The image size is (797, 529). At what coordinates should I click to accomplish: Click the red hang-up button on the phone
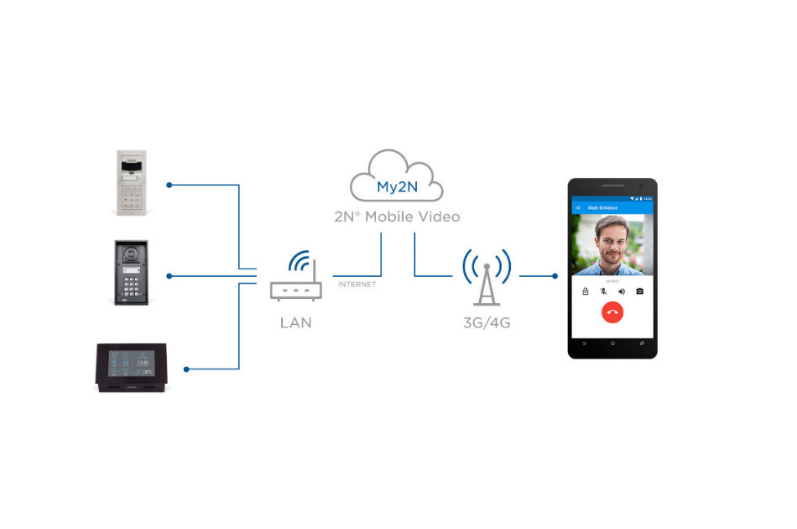(612, 312)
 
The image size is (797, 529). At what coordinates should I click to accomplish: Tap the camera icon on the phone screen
(639, 291)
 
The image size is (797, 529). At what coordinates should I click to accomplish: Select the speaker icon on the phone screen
(622, 291)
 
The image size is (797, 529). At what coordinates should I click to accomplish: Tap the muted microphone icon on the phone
(603, 291)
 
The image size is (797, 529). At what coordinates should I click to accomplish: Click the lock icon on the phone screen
(586, 291)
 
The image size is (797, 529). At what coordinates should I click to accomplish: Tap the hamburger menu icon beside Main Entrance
(577, 207)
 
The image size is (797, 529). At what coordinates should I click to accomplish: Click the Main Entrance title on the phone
(602, 207)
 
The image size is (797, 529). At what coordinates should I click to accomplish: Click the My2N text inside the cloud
(397, 187)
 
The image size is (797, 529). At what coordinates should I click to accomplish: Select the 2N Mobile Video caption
(397, 217)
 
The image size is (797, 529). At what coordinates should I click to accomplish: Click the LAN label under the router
(295, 322)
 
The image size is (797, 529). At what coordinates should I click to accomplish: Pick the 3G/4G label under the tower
(487, 322)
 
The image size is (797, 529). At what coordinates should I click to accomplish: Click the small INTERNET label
(357, 285)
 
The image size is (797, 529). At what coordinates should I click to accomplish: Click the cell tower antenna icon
(487, 277)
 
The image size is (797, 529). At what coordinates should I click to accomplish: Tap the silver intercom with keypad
(133, 183)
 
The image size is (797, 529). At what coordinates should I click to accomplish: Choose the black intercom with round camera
(131, 274)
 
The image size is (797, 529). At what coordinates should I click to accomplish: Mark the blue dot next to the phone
(555, 275)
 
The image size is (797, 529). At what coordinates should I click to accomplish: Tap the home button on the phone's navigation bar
(612, 343)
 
